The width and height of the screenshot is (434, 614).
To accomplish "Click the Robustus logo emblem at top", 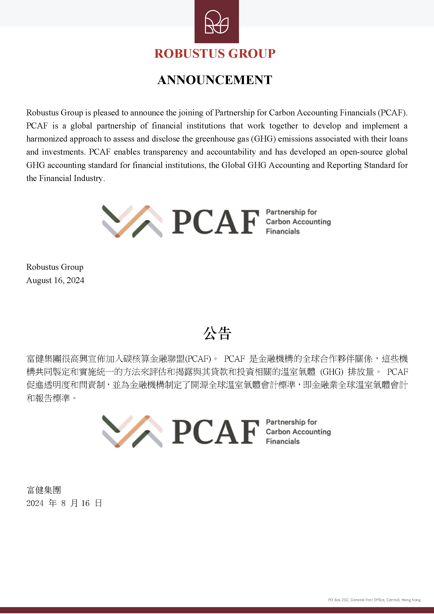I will [x=217, y=22].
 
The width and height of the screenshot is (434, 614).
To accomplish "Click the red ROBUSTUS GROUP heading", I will [x=215, y=53].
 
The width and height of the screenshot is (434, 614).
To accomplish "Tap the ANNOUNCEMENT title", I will [x=215, y=80].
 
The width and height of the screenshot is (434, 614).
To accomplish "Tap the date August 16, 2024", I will [x=55, y=280].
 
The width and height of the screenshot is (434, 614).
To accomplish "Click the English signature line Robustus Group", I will [x=55, y=267].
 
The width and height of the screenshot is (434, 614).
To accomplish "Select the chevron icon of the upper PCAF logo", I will [x=132, y=221].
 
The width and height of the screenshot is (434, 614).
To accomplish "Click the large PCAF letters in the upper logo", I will [x=215, y=222].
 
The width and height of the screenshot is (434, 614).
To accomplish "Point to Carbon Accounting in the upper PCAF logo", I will [x=298, y=222].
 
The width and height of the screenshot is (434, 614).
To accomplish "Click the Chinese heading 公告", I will [x=217, y=333].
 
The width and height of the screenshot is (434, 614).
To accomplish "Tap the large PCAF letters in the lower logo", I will [x=215, y=431].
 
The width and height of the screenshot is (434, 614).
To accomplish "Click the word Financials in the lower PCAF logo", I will [x=283, y=441].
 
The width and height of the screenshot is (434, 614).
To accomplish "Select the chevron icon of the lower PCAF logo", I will [x=132, y=431].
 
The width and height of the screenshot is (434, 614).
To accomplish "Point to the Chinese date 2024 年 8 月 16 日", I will [x=64, y=503].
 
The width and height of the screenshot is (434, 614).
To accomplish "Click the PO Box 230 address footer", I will [x=374, y=600].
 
